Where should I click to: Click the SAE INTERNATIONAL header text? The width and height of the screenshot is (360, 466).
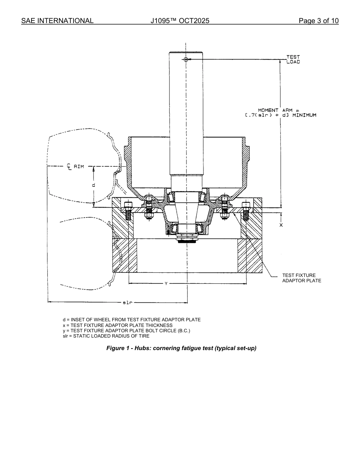coord(57,21)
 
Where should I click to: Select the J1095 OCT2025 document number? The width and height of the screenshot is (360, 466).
coord(180,21)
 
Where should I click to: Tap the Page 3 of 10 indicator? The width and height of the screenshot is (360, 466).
coord(318,21)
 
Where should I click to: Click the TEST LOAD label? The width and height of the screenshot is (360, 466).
coord(293,59)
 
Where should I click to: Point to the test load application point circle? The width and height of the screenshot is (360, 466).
coord(186,59)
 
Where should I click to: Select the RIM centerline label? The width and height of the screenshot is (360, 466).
coord(75,166)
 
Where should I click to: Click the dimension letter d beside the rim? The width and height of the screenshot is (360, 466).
coord(93,185)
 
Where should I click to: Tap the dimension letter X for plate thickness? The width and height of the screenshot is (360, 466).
coord(281,225)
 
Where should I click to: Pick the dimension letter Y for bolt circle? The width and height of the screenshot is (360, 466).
coord(166,283)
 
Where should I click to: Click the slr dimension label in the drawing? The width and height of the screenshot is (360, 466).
coord(127,302)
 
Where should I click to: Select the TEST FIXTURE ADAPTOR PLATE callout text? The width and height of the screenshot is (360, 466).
coord(301,278)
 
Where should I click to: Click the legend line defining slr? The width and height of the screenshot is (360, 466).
coord(106,336)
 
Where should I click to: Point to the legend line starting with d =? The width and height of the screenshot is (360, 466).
coord(131,320)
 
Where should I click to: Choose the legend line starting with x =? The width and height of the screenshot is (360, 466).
coord(117,325)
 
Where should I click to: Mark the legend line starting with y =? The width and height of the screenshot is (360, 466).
coord(126,331)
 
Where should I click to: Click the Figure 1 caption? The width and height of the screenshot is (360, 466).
coord(181,348)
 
